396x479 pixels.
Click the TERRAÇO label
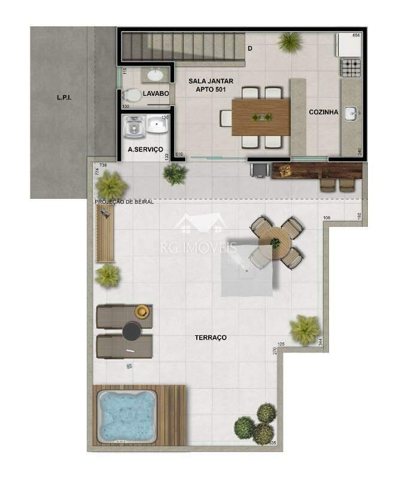click(211, 338)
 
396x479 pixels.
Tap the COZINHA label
click(324, 112)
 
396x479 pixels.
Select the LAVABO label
click(156, 94)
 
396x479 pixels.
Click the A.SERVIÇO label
click(145, 150)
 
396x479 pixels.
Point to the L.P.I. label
click(64, 97)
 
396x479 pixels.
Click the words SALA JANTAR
click(211, 81)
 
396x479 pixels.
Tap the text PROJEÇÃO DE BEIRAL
click(124, 202)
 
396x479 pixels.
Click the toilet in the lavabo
click(131, 95)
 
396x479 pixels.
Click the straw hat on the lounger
click(142, 311)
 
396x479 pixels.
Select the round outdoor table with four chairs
click(275, 242)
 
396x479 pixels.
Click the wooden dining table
click(261, 117)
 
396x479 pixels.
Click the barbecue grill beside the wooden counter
click(258, 169)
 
